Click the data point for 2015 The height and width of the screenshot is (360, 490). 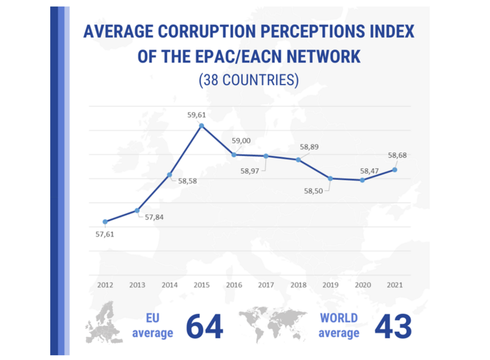tap(202, 126)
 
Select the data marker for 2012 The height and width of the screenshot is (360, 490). tap(105, 222)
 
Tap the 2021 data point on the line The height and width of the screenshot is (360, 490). tap(394, 170)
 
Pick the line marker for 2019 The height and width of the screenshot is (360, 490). tap(330, 178)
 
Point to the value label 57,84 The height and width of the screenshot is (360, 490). tap(155, 217)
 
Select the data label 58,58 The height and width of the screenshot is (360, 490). tap(189, 181)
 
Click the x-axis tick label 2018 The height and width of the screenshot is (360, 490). tap(298, 285)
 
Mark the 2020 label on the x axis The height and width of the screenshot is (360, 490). tap(363, 285)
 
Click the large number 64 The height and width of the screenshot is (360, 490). tap(204, 326)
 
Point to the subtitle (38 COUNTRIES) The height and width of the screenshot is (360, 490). tap(248, 80)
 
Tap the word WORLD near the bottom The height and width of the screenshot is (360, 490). tap(339, 318)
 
